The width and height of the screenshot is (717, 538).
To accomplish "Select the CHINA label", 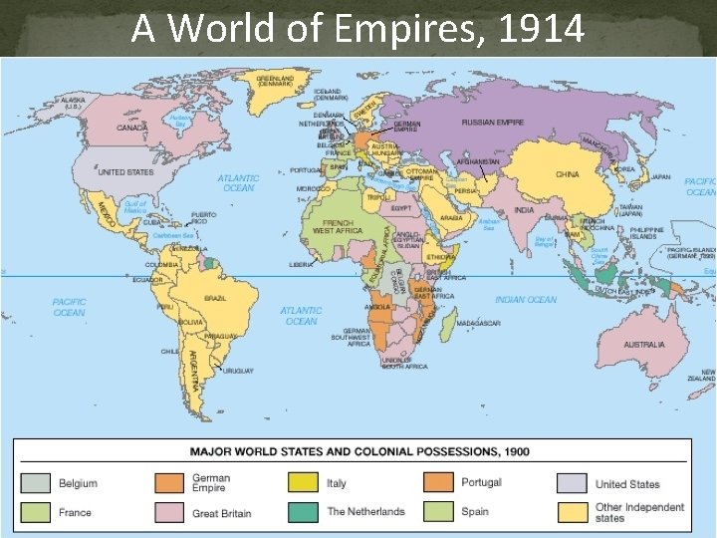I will click(567, 174).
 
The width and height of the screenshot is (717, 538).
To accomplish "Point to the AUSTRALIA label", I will click(644, 345).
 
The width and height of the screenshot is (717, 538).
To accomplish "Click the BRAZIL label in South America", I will click(214, 299).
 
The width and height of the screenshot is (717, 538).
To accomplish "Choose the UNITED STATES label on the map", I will click(126, 172).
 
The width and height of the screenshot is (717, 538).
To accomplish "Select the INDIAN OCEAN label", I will click(525, 300).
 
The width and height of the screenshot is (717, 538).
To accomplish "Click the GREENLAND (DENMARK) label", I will click(276, 81).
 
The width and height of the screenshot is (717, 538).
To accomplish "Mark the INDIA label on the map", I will click(524, 210).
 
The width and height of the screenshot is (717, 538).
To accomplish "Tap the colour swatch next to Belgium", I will click(37, 484).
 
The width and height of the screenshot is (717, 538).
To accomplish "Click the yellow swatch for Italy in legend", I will click(304, 483).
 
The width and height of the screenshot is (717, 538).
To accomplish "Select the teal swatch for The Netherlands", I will click(304, 512).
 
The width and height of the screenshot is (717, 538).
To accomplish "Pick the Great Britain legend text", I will click(221, 513).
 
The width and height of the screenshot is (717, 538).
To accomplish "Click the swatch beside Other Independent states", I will click(572, 512).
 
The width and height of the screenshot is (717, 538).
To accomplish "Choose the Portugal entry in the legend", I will click(481, 483).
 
